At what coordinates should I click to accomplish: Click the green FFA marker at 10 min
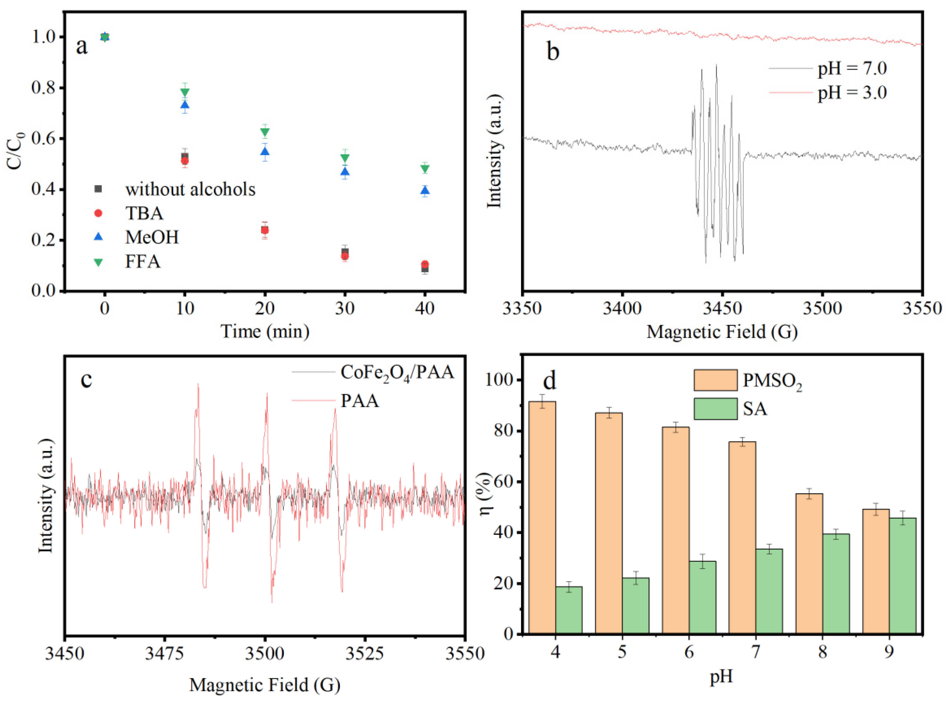coord(185,92)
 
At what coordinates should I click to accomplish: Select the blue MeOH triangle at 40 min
coord(425,191)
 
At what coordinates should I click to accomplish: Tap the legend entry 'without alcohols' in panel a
coord(190,189)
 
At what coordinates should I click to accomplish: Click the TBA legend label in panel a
coord(144,213)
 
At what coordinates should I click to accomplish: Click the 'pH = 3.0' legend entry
coord(852,93)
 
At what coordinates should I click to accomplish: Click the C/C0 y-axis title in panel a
coord(16,151)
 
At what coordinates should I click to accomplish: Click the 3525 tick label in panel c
coord(364,653)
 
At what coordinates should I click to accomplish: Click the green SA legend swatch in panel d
coord(715,409)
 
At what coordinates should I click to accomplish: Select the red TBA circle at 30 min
coord(345,256)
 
